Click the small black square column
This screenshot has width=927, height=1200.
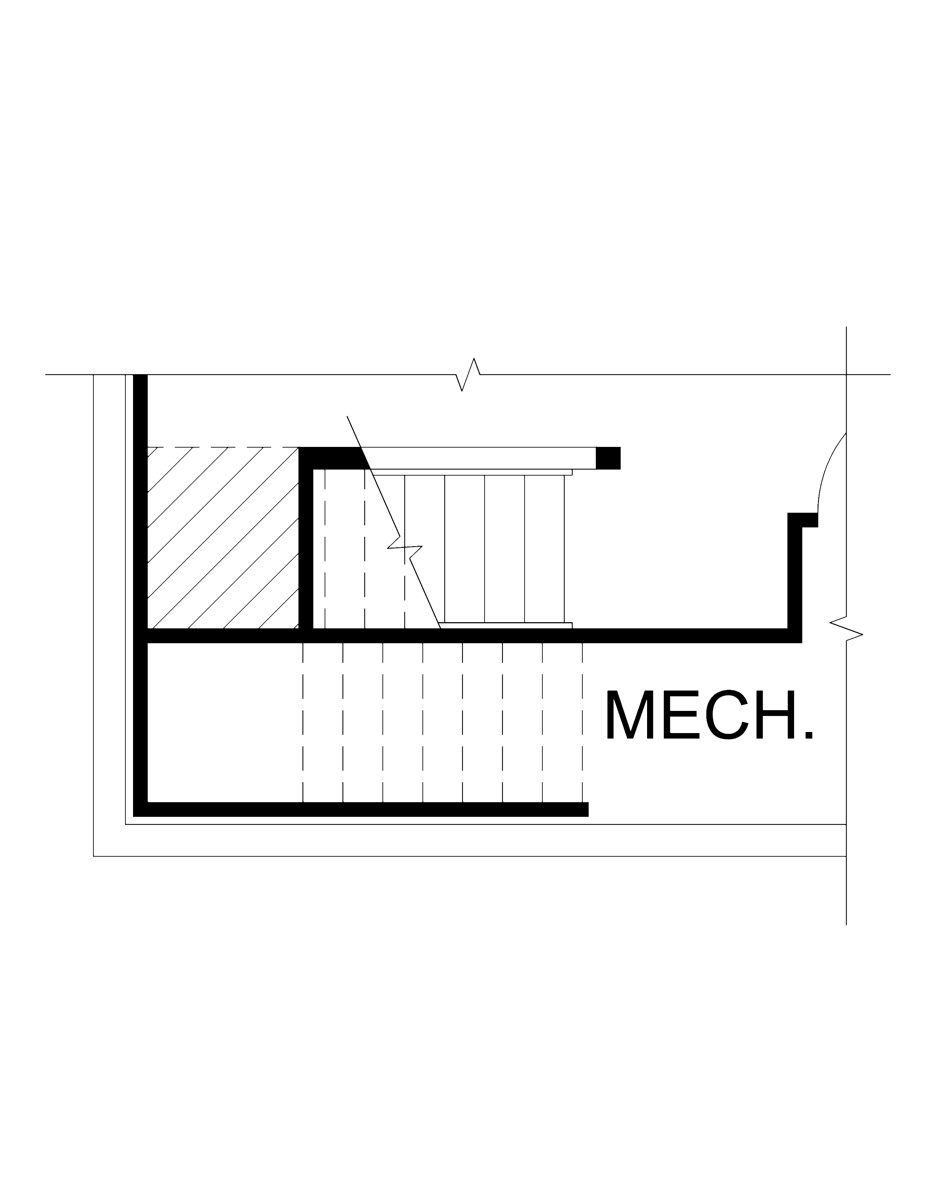point(608,458)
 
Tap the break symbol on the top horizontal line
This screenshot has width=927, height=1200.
point(468,375)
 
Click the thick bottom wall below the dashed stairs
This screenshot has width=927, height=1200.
point(361,809)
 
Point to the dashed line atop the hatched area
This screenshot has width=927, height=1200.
point(223,447)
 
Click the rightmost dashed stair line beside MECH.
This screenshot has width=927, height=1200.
point(582,723)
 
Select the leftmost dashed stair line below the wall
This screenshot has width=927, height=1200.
point(303,723)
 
